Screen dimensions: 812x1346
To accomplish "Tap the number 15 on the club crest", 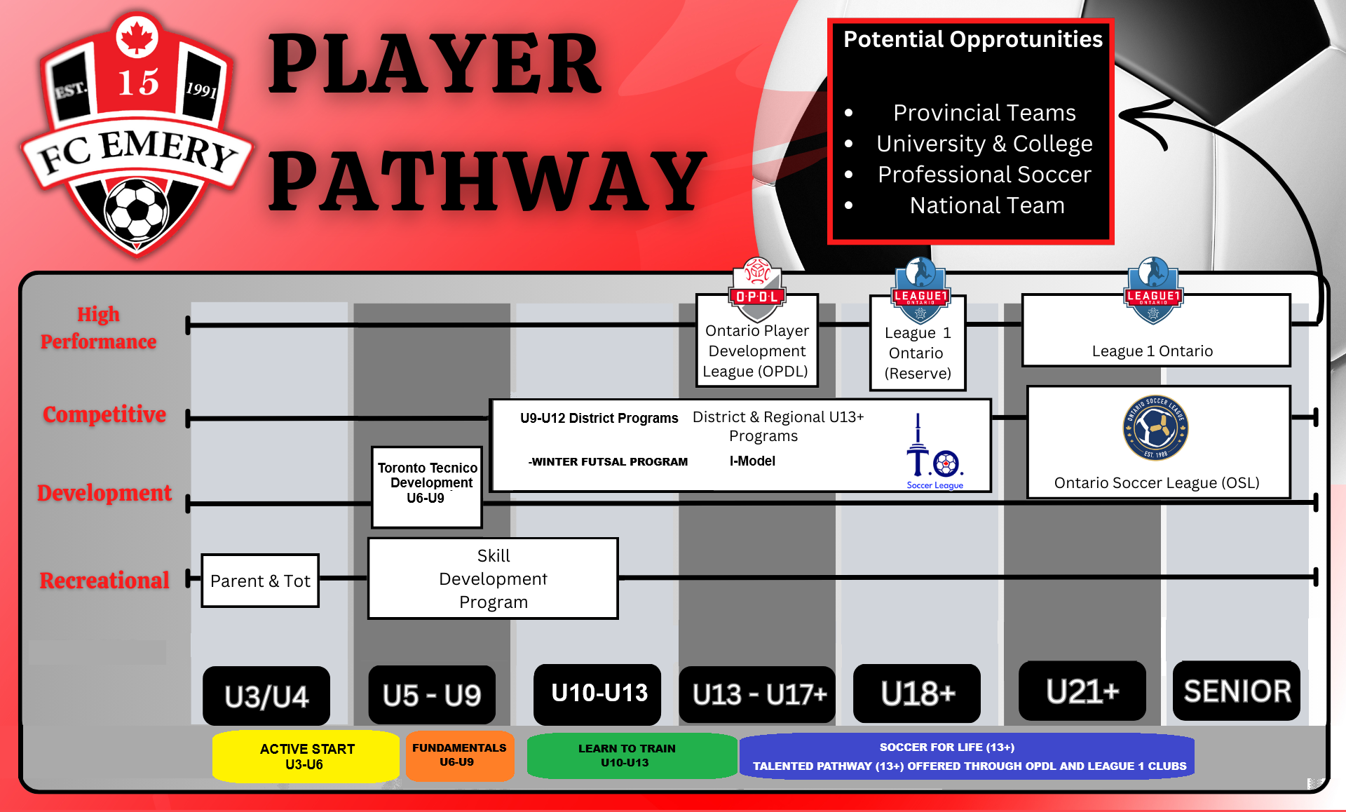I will pos(138,83).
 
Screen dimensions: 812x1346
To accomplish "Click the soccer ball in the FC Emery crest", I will pos(136,210).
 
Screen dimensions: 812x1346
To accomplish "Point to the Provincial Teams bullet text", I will pos(984,113).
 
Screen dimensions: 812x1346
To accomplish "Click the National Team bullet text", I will pos(986,205).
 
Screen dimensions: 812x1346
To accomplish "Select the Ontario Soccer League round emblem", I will pos(1155,428).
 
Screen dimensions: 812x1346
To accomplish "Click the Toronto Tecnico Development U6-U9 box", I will pos(427,487).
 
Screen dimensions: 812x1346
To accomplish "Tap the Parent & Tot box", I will pos(260,581).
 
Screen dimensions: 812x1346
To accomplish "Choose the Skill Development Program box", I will pos(493,578).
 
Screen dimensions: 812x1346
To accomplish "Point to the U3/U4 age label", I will pos(266,696).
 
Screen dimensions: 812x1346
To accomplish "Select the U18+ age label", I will pos(917,693).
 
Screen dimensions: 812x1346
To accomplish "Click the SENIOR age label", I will pos(1237,691).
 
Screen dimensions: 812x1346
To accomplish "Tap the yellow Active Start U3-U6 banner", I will pos(306,757).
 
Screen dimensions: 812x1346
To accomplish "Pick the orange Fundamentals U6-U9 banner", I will pos(459,755).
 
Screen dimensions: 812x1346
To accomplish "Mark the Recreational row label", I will pos(104,581).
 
